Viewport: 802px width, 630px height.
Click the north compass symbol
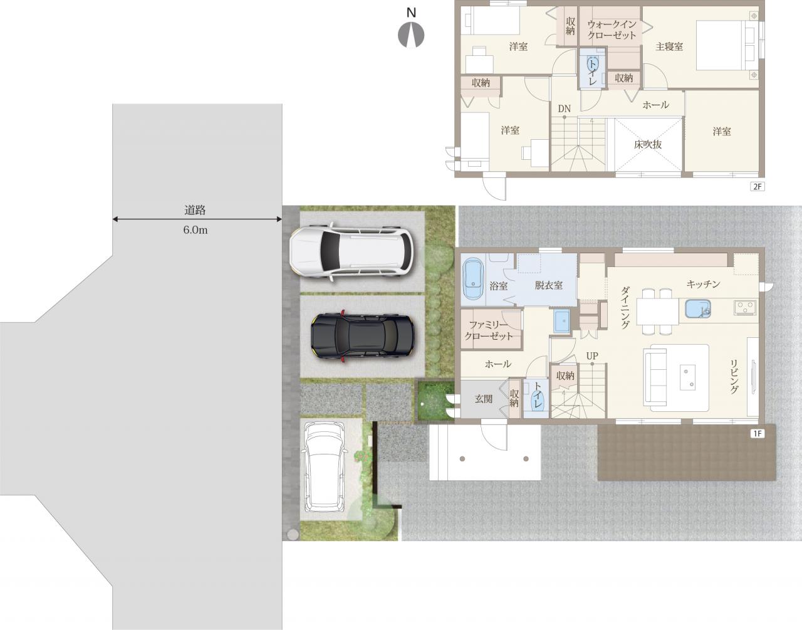pyautogui.click(x=411, y=34)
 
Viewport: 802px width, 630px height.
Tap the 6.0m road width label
pyautogui.click(x=195, y=230)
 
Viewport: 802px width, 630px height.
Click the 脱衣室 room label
pyautogui.click(x=548, y=285)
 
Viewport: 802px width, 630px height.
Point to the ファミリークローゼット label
pyautogui.click(x=488, y=331)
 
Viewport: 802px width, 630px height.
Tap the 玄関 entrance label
pyautogui.click(x=484, y=399)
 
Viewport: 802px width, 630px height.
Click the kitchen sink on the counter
pyautogui.click(x=698, y=308)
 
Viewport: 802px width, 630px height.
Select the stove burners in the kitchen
pyautogui.click(x=745, y=307)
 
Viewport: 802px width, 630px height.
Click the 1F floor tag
pyautogui.click(x=757, y=434)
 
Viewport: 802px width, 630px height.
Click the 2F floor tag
pyautogui.click(x=757, y=187)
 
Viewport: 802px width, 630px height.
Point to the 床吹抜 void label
pyautogui.click(x=648, y=145)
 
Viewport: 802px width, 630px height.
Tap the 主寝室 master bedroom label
pyautogui.click(x=669, y=47)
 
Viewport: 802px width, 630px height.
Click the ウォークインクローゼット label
pyautogui.click(x=612, y=30)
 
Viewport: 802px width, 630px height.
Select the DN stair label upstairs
pyautogui.click(x=564, y=109)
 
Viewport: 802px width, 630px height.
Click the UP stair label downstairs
pyautogui.click(x=592, y=356)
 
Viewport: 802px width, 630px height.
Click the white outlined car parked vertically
pyautogui.click(x=325, y=467)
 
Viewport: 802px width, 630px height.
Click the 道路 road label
pyautogui.click(x=195, y=211)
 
